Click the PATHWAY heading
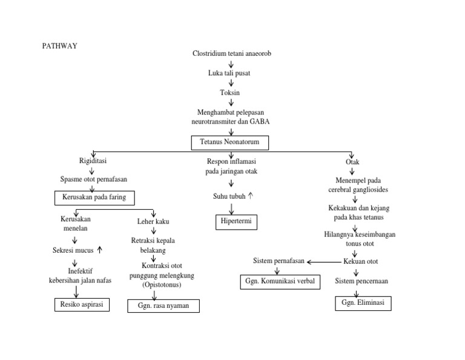point(59,45)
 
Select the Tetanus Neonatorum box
point(229,143)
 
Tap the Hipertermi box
point(236,222)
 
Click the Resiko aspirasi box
point(82,305)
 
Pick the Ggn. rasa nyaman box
point(163,306)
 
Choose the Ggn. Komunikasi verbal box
point(280,281)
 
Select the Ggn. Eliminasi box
point(363,303)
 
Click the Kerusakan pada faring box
point(94,198)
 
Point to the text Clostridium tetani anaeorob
point(231,54)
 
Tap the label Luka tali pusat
point(230,73)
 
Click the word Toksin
point(230,93)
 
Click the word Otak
point(352,162)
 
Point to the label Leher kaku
point(153,222)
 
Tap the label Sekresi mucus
point(73,250)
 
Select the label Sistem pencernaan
point(361,281)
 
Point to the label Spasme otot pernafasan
point(94,179)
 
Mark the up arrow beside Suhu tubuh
point(251,196)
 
